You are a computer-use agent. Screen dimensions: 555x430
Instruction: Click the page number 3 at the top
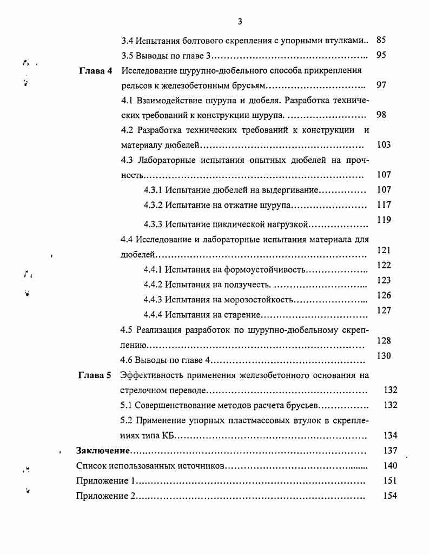pyautogui.click(x=240, y=21)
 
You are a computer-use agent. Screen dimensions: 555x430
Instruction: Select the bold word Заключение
pyautogui.click(x=103, y=450)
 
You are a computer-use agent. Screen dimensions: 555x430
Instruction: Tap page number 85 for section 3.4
pyautogui.click(x=381, y=40)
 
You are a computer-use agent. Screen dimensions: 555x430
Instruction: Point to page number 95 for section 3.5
pyautogui.click(x=381, y=55)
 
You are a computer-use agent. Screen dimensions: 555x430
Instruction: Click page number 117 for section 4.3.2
pyautogui.click(x=383, y=205)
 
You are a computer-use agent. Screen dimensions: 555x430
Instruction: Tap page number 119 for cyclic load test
pyautogui.click(x=383, y=220)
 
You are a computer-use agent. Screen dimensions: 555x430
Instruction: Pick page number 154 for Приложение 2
pyautogui.click(x=390, y=495)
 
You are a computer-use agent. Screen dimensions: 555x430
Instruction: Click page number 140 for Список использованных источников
pyautogui.click(x=390, y=465)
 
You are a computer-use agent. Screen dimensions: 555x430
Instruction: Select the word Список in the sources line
pyautogui.click(x=89, y=465)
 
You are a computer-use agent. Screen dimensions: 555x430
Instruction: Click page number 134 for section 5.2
pyautogui.click(x=390, y=435)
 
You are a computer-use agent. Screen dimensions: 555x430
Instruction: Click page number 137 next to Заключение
pyautogui.click(x=390, y=450)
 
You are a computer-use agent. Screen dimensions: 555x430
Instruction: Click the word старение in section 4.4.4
pyautogui.click(x=243, y=314)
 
